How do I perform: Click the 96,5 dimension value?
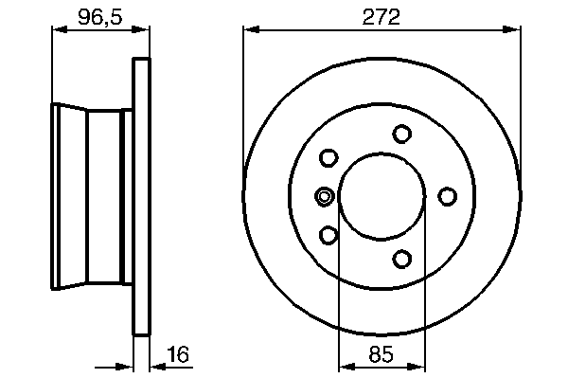pyautogui.click(x=100, y=17)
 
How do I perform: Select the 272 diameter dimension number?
pyautogui.click(x=382, y=17)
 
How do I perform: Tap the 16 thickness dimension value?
pyautogui.click(x=178, y=354)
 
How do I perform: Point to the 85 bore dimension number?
pyautogui.click(x=382, y=354)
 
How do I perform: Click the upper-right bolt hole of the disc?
pyautogui.click(x=401, y=134)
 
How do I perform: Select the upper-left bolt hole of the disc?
pyautogui.click(x=328, y=158)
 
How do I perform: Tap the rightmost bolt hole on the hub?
pyautogui.click(x=448, y=196)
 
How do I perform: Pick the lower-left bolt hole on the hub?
pyautogui.click(x=328, y=235)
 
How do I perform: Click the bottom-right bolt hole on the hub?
pyautogui.click(x=401, y=260)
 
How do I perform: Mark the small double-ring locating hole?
pyautogui.click(x=324, y=196)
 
